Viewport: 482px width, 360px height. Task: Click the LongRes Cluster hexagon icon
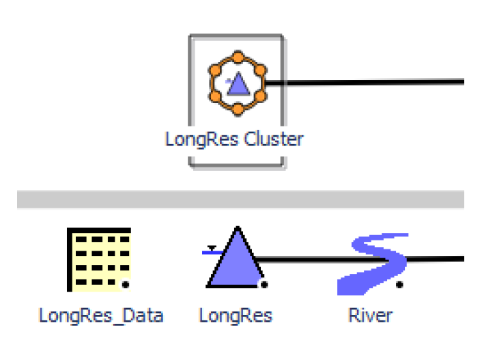pyautogui.click(x=237, y=82)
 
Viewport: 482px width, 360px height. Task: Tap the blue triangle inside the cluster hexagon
pyautogui.click(x=238, y=85)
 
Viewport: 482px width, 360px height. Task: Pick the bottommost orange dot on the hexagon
pyautogui.click(x=237, y=109)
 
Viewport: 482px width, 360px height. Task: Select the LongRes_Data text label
pyautogui.click(x=101, y=316)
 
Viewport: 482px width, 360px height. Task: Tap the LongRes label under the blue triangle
pyautogui.click(x=236, y=316)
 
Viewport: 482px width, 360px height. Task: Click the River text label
pyautogui.click(x=371, y=316)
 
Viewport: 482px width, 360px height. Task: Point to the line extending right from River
pyautogui.click(x=437, y=260)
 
